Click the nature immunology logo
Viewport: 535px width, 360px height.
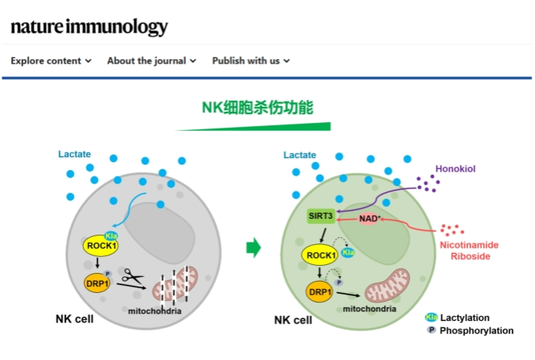coord(89,26)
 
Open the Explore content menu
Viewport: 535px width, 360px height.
coord(51,61)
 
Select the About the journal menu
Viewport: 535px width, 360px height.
coord(151,61)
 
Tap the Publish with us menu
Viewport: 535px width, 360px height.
coord(251,61)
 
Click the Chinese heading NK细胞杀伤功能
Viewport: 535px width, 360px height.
coord(256,107)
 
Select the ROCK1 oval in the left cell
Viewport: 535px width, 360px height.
coord(99,247)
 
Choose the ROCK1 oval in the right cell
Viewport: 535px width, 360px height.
coord(319,255)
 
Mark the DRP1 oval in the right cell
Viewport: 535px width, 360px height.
coord(319,291)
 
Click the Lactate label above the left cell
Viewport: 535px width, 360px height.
coord(76,153)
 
